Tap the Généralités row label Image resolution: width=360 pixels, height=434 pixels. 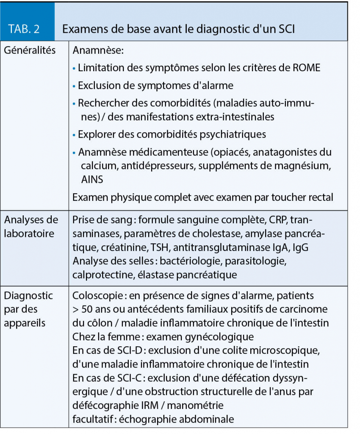[x=30, y=50]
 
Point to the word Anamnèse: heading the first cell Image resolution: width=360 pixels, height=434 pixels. [x=98, y=51]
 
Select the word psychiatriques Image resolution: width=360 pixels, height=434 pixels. [x=231, y=134]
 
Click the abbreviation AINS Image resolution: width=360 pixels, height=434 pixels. [x=92, y=179]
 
